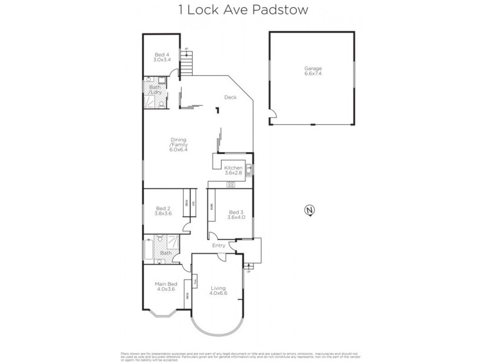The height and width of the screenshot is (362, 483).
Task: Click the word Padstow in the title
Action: click(x=285, y=10)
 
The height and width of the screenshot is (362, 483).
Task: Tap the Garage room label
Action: click(x=313, y=71)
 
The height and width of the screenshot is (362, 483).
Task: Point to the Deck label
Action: click(x=230, y=98)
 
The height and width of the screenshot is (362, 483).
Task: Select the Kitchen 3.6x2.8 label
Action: click(x=233, y=170)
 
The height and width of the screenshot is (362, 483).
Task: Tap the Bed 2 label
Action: click(x=162, y=211)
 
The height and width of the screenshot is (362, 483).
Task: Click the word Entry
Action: click(x=219, y=246)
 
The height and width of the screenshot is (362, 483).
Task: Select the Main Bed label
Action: click(x=164, y=287)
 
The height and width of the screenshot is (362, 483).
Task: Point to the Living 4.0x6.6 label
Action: click(x=218, y=291)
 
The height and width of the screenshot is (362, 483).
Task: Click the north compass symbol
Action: click(x=310, y=211)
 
